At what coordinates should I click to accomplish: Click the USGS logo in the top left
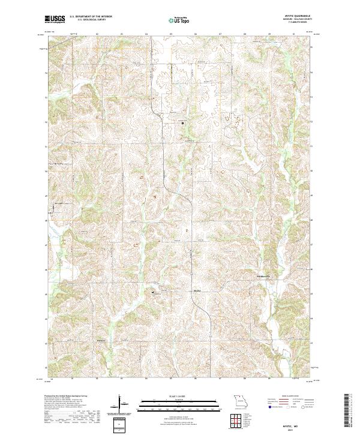click(x=55, y=19)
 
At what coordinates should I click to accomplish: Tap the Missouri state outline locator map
click(x=240, y=400)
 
